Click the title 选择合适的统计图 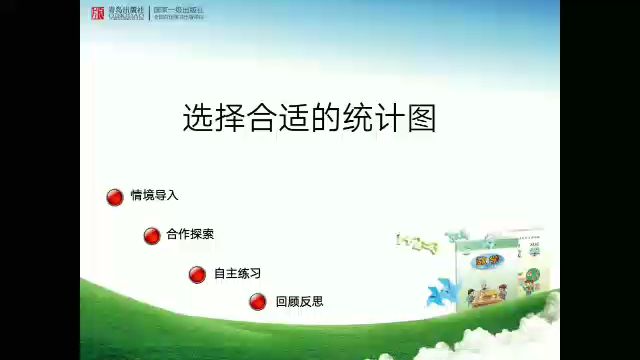309,118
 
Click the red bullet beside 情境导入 115,197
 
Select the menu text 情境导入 154,195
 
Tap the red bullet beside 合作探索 152,236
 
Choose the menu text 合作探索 190,234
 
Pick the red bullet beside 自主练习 198,274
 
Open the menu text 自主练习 237,273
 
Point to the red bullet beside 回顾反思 258,301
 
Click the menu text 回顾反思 299,301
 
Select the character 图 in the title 423,118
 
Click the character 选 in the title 196,118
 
